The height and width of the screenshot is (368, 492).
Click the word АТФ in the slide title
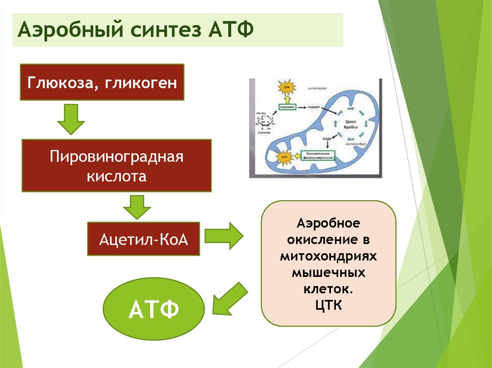coord(231,30)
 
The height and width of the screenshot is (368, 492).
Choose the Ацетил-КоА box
coord(143,238)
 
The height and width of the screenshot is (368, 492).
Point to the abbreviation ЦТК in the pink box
coord(329,305)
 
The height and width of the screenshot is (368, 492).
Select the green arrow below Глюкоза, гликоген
coord(71,120)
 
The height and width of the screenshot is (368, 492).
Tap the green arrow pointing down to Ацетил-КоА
coord(138,207)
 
